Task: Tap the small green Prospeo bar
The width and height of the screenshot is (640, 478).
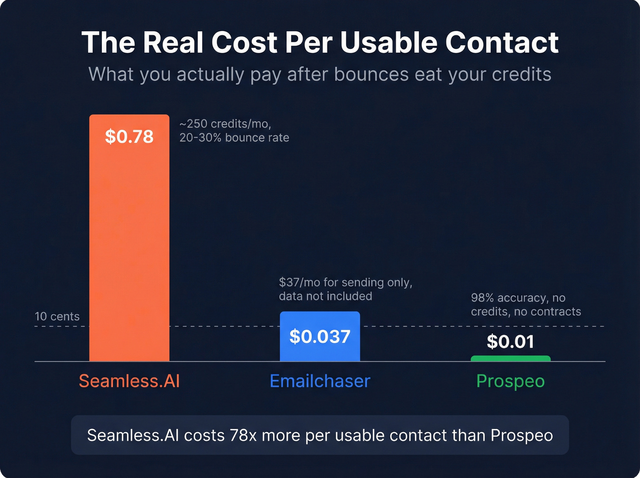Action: click(511, 359)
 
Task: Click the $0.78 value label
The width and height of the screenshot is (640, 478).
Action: click(129, 136)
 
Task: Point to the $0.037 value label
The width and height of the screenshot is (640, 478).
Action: click(320, 337)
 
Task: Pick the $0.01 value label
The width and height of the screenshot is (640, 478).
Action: click(510, 342)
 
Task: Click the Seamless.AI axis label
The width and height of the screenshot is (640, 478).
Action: click(129, 381)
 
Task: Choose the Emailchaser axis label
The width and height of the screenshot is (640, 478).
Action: click(320, 381)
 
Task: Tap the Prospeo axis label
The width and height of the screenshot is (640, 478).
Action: click(510, 381)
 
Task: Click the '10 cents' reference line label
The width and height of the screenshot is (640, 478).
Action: click(57, 317)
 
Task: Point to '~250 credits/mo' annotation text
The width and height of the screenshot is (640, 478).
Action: click(225, 124)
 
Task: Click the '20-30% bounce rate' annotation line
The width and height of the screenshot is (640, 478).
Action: click(234, 138)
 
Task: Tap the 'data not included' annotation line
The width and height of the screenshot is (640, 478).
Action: click(325, 296)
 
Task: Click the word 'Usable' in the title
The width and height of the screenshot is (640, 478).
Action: click(389, 43)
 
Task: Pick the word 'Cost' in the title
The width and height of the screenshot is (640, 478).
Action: click(244, 43)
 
